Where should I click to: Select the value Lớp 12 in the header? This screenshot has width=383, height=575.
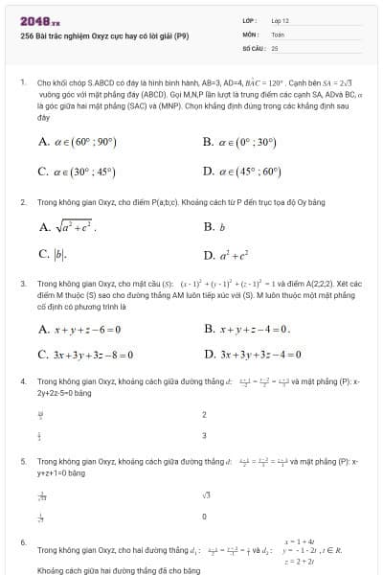pyautogui.click(x=281, y=20)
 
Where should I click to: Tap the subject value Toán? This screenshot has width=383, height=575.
pyautogui.click(x=279, y=34)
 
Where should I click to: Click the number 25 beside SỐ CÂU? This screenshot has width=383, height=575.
pyautogui.click(x=275, y=47)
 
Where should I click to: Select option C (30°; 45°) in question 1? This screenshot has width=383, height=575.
pyautogui.click(x=78, y=172)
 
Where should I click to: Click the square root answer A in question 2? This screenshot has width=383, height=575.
pyautogui.click(x=67, y=227)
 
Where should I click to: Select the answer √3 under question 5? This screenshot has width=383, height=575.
pyautogui.click(x=206, y=495)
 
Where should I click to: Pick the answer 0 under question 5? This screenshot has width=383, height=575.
pyautogui.click(x=205, y=517)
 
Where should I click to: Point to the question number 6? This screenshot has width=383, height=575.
pyautogui.click(x=22, y=542)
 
